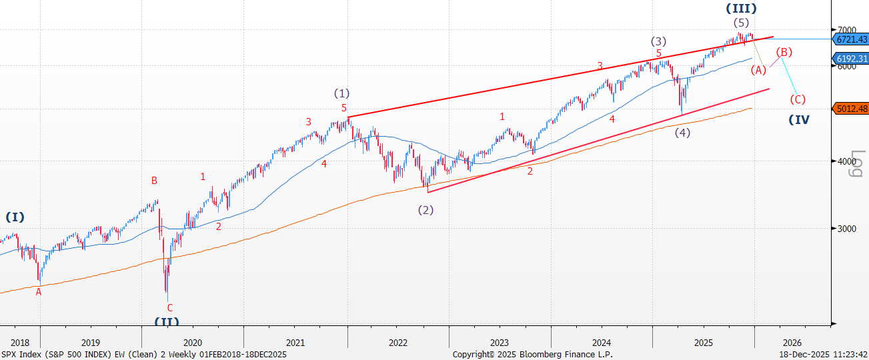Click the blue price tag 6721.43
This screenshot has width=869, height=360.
click(852, 39)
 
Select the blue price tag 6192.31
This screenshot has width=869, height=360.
click(852, 59)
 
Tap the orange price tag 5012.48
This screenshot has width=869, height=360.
click(852, 109)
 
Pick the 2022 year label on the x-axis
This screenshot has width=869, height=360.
click(398, 343)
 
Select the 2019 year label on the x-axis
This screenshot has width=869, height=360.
click(91, 343)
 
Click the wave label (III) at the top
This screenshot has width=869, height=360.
click(742, 9)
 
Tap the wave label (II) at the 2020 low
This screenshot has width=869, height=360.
click(167, 321)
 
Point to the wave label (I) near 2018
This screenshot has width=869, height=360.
click(15, 217)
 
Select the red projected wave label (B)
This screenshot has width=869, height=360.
click(784, 52)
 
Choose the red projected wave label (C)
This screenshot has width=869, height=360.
click(798, 99)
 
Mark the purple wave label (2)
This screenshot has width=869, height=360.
click(425, 209)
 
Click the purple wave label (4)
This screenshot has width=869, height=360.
click(682, 132)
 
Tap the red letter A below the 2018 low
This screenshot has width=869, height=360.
click(39, 291)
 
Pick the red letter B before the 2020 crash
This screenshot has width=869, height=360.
click(154, 180)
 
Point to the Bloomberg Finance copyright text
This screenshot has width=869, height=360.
click(532, 355)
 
